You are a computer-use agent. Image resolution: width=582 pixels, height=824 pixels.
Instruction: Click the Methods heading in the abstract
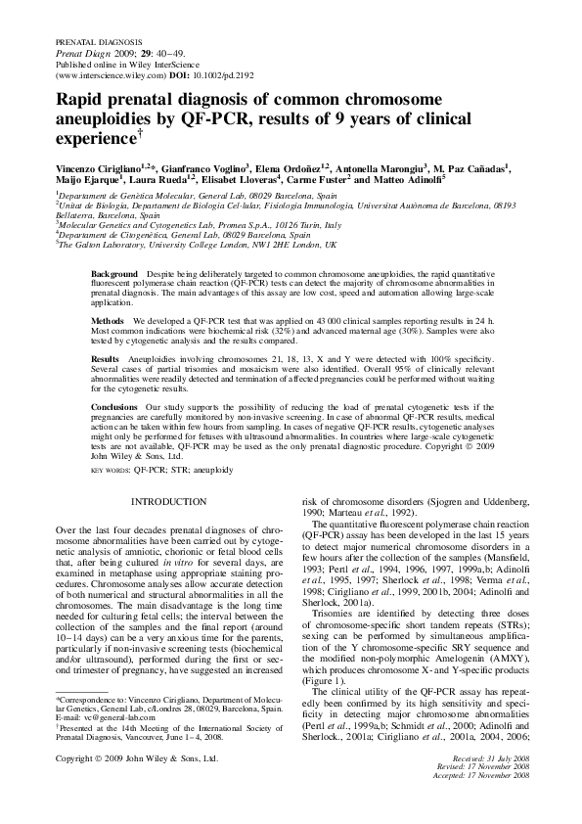(107, 320)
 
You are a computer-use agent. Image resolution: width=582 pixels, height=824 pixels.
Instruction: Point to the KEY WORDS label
(111, 470)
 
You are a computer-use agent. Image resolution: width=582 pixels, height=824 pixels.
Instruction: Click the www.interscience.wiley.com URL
(99, 73)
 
